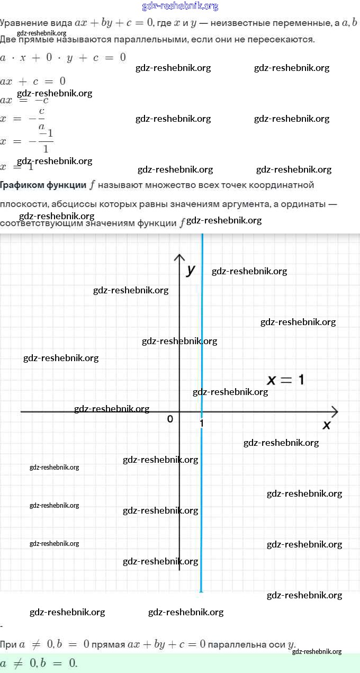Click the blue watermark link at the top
[x=180, y=6]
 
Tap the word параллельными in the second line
[x=136, y=40]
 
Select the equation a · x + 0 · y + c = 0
[x=63, y=57]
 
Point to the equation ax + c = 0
[x=33, y=81]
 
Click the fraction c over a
[x=41, y=119]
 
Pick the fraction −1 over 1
[x=46, y=141]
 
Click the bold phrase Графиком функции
[x=43, y=185]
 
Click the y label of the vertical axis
[x=191, y=270]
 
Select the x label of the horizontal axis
[x=327, y=425]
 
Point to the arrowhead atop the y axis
[x=180, y=258]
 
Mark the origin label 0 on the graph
[x=170, y=419]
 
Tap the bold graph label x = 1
[x=285, y=380]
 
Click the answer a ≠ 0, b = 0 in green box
[x=39, y=662]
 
